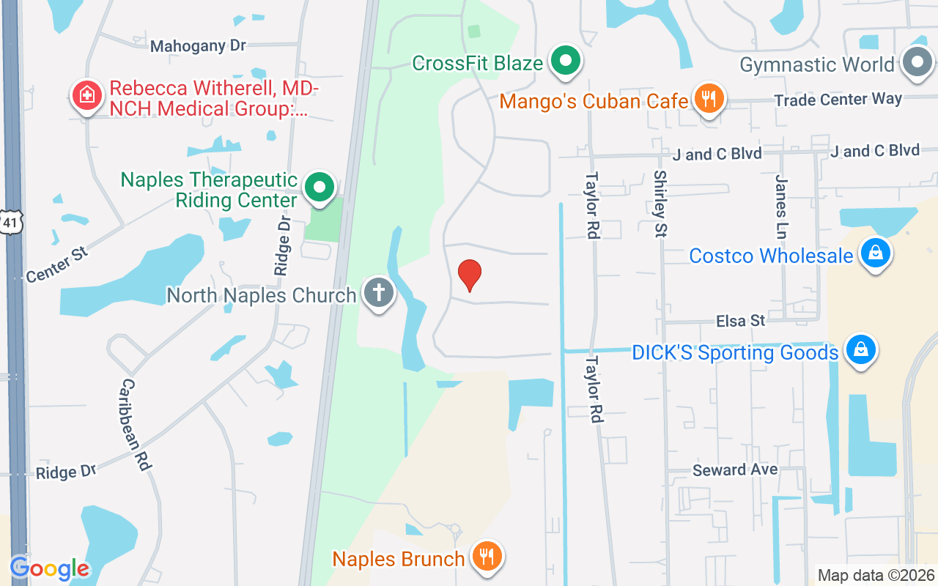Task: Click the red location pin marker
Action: (x=469, y=275)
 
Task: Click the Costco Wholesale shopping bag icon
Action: (x=875, y=253)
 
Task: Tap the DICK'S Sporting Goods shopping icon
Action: (x=860, y=350)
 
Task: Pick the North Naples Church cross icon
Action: (x=378, y=293)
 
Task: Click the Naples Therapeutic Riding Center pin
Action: (x=320, y=188)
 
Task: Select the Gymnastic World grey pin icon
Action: (x=916, y=63)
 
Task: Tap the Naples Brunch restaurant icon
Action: (x=484, y=557)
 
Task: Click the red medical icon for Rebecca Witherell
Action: (x=86, y=96)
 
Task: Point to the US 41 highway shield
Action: (x=12, y=221)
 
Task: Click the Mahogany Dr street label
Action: (x=198, y=45)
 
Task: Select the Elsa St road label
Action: (x=740, y=321)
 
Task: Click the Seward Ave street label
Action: (x=735, y=470)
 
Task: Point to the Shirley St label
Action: (x=660, y=204)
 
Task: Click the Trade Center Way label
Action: (x=838, y=99)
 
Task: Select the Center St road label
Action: (x=57, y=264)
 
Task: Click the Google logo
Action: (x=50, y=568)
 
